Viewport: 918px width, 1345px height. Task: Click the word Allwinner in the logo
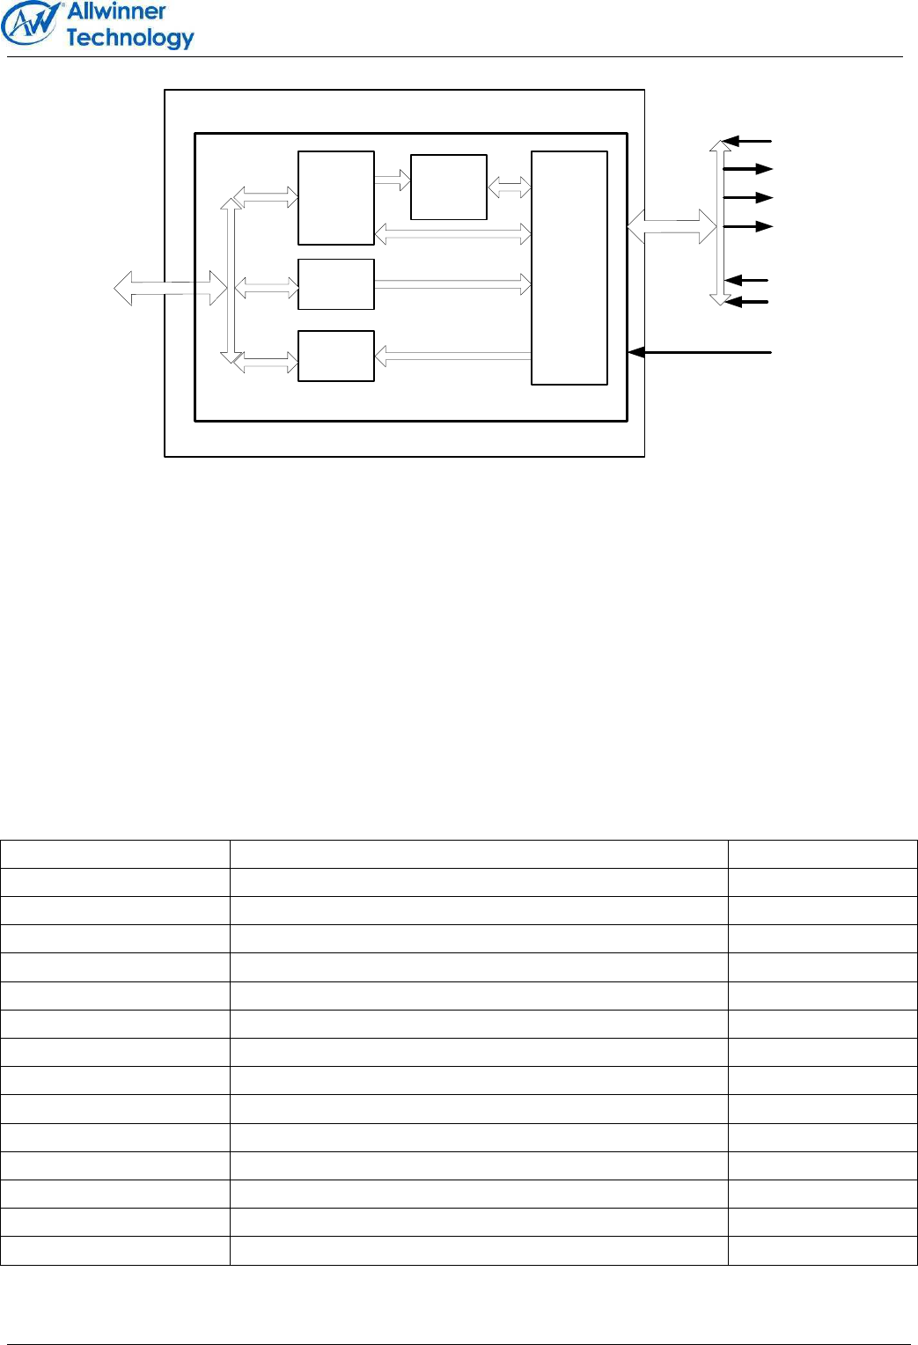click(116, 11)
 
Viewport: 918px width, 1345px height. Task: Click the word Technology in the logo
click(129, 38)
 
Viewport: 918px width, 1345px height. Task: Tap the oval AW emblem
click(30, 24)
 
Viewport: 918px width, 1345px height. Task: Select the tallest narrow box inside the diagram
click(569, 268)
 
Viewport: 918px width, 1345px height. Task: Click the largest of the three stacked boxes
click(336, 198)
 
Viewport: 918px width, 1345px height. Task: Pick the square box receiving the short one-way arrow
click(449, 187)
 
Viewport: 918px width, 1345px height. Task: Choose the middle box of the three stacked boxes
click(336, 284)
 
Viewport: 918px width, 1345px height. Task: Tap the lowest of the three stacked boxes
click(336, 356)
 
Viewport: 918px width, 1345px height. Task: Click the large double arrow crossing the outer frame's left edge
click(171, 288)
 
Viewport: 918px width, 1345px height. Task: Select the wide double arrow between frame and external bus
click(672, 227)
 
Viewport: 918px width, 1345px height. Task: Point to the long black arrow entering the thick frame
click(700, 352)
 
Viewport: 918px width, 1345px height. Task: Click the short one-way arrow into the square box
click(393, 180)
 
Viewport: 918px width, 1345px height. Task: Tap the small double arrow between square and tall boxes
click(510, 187)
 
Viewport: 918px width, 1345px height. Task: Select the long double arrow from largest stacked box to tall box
click(452, 233)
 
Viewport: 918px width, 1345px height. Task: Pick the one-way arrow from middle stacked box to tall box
click(452, 284)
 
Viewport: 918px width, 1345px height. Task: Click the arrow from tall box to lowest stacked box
click(452, 356)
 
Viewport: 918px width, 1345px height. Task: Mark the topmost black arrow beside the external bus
click(746, 141)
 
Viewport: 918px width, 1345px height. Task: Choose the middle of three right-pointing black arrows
click(748, 197)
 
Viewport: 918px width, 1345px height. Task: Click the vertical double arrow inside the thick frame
click(231, 281)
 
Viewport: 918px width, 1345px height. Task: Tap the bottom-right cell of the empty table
click(823, 1250)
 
